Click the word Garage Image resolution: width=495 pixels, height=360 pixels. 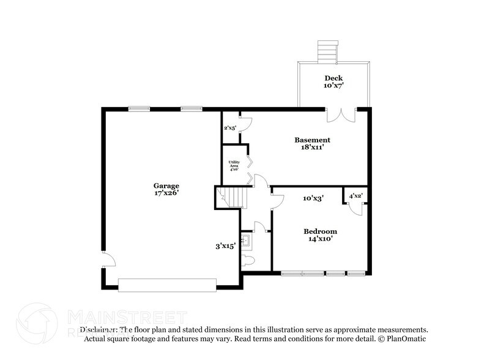pyautogui.click(x=166, y=185)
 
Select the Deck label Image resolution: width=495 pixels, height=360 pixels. pyautogui.click(x=333, y=78)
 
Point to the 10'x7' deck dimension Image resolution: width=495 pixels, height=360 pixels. pyautogui.click(x=333, y=86)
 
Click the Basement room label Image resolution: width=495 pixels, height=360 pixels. pyautogui.click(x=312, y=140)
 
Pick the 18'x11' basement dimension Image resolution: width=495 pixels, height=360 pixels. pyautogui.click(x=312, y=148)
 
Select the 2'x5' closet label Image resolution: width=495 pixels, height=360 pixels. pyautogui.click(x=230, y=128)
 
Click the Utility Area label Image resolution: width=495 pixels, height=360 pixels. pyautogui.click(x=234, y=165)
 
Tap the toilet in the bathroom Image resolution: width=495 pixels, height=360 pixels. pyautogui.click(x=248, y=260)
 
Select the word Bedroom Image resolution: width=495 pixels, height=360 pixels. pyautogui.click(x=321, y=231)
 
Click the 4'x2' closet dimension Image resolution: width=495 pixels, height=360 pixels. pyautogui.click(x=355, y=196)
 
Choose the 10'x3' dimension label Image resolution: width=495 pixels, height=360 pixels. pyautogui.click(x=313, y=198)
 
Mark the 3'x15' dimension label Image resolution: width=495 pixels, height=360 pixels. pyautogui.click(x=225, y=246)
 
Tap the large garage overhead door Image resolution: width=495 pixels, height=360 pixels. pyautogui.click(x=167, y=284)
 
